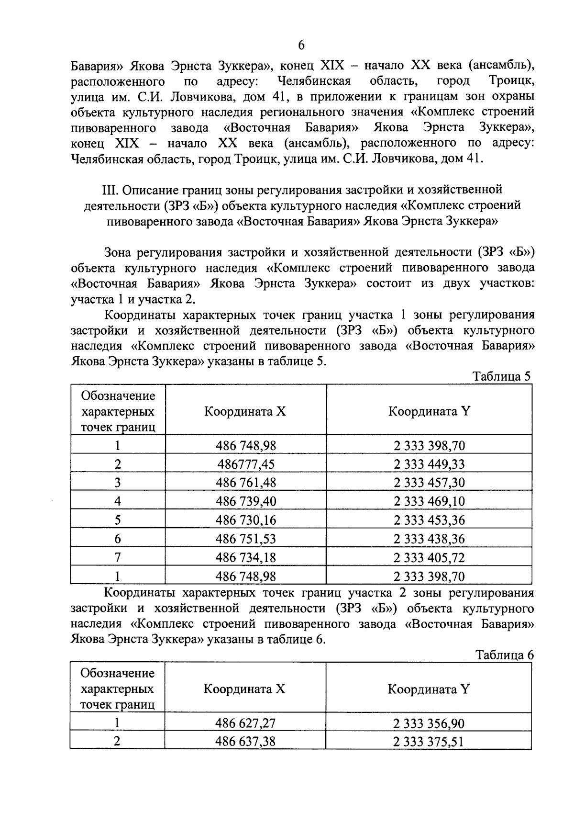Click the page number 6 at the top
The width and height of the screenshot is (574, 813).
point(301,45)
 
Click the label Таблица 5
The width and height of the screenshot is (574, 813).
point(501,376)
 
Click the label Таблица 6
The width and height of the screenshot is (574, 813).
point(504,655)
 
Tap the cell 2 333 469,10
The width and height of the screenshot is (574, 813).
point(429,501)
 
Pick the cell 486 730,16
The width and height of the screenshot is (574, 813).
point(246,520)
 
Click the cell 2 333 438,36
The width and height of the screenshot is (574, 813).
point(429,539)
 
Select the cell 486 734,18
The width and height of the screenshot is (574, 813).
point(246,557)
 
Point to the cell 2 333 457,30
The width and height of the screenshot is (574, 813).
point(429,483)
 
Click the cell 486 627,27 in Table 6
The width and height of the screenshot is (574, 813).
point(245,723)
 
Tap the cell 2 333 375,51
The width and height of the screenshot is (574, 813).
point(429,742)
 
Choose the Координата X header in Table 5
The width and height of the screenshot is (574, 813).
point(245,411)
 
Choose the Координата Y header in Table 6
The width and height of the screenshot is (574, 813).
point(428,689)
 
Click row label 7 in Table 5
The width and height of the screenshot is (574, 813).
point(118,557)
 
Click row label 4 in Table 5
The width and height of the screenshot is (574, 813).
point(118,501)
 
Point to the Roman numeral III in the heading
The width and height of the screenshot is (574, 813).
point(110,190)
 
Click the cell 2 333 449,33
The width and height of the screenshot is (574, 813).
point(429,464)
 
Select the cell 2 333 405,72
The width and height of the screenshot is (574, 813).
point(429,557)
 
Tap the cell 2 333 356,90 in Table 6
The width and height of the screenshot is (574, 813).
point(429,723)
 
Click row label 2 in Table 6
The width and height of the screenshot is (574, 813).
point(117,742)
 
